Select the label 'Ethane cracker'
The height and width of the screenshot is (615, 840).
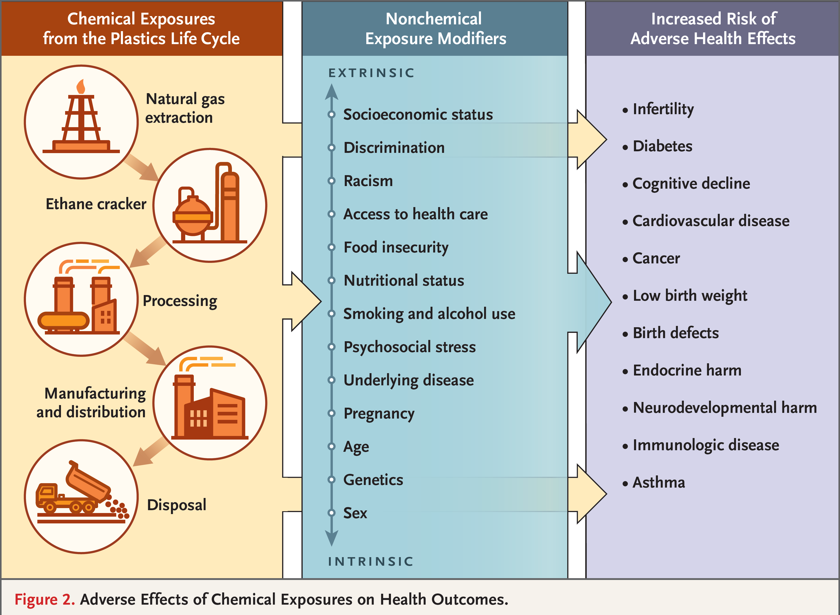(x=96, y=204)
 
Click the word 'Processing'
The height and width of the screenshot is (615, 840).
(x=180, y=301)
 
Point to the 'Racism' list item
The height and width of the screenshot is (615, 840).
(x=368, y=181)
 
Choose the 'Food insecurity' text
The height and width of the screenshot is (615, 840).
(x=396, y=248)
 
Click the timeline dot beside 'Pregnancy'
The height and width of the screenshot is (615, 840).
(x=331, y=413)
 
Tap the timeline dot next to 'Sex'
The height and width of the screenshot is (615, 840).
(x=331, y=512)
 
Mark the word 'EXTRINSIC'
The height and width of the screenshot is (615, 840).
(x=371, y=73)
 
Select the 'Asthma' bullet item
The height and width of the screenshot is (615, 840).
(x=658, y=482)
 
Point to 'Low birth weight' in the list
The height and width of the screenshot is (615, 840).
(x=690, y=296)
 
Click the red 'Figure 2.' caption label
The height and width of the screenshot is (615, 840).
(x=45, y=599)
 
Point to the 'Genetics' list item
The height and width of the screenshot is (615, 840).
(x=373, y=480)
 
